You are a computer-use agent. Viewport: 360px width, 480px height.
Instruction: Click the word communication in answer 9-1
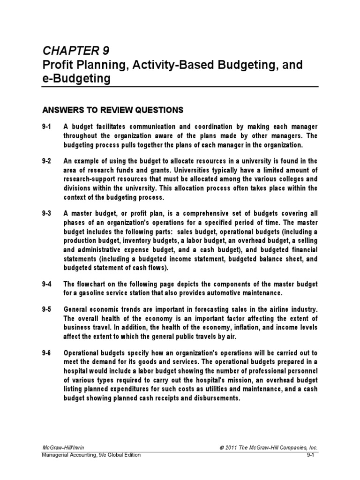150,127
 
